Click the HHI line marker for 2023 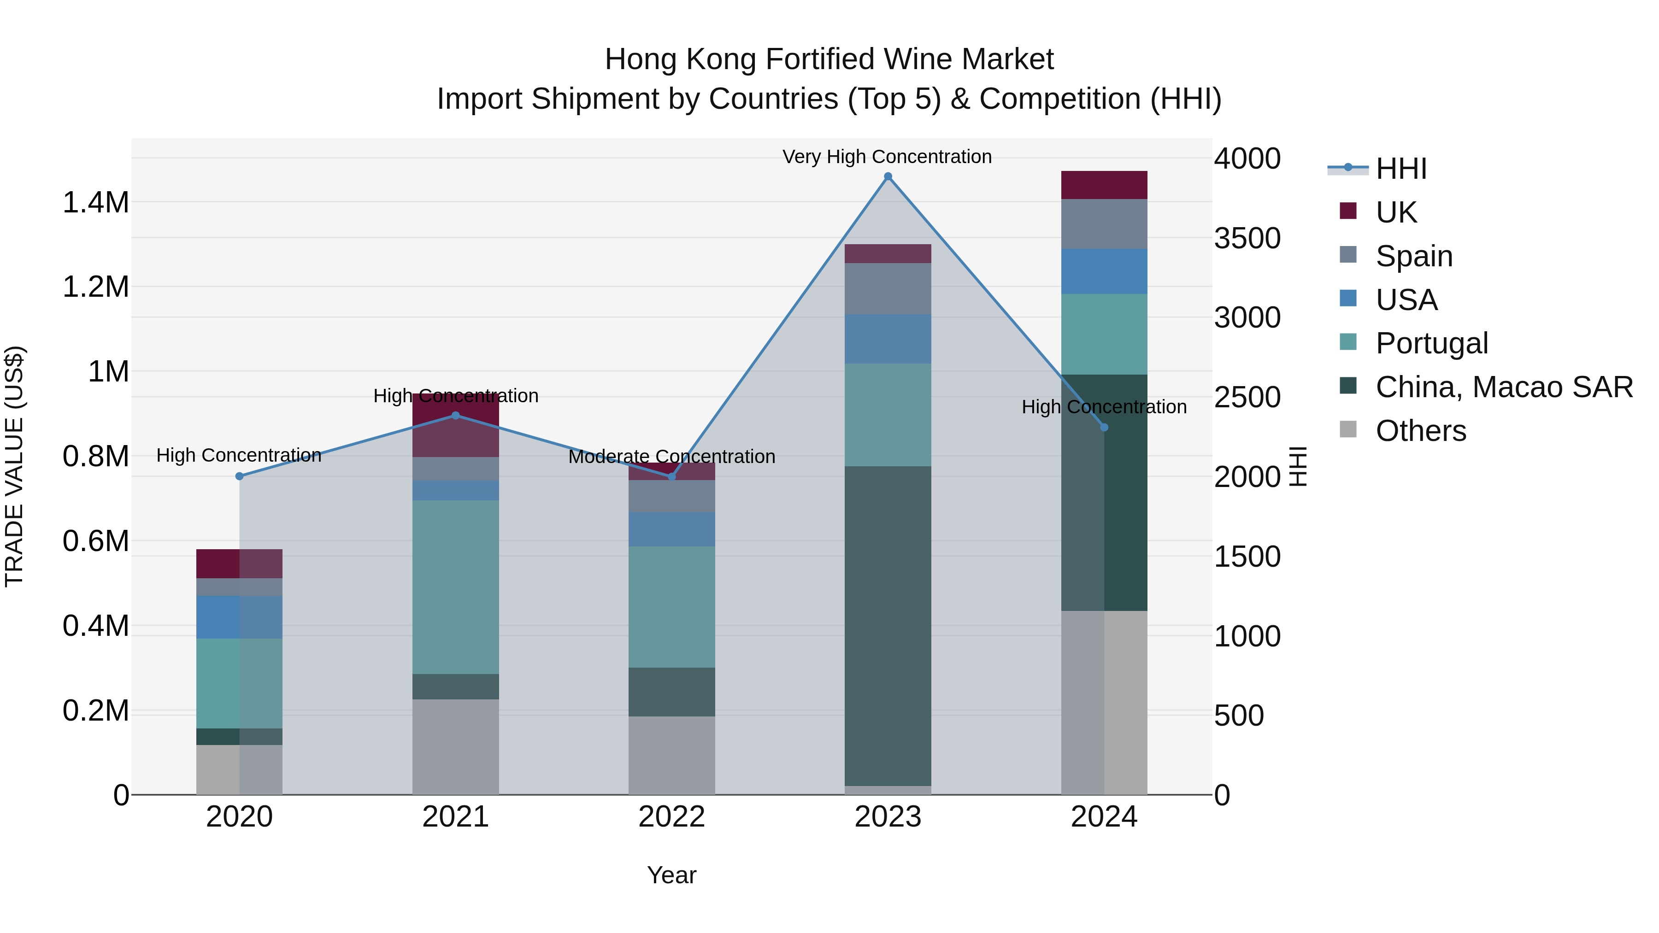(888, 176)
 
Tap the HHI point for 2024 (1104, 428)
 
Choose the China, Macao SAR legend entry (1504, 387)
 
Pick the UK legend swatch (1348, 211)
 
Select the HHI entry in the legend (1401, 169)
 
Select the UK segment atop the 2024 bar (1104, 185)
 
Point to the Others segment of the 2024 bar (1104, 702)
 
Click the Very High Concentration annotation (887, 157)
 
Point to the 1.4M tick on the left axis (95, 203)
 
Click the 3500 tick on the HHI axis (1247, 238)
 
